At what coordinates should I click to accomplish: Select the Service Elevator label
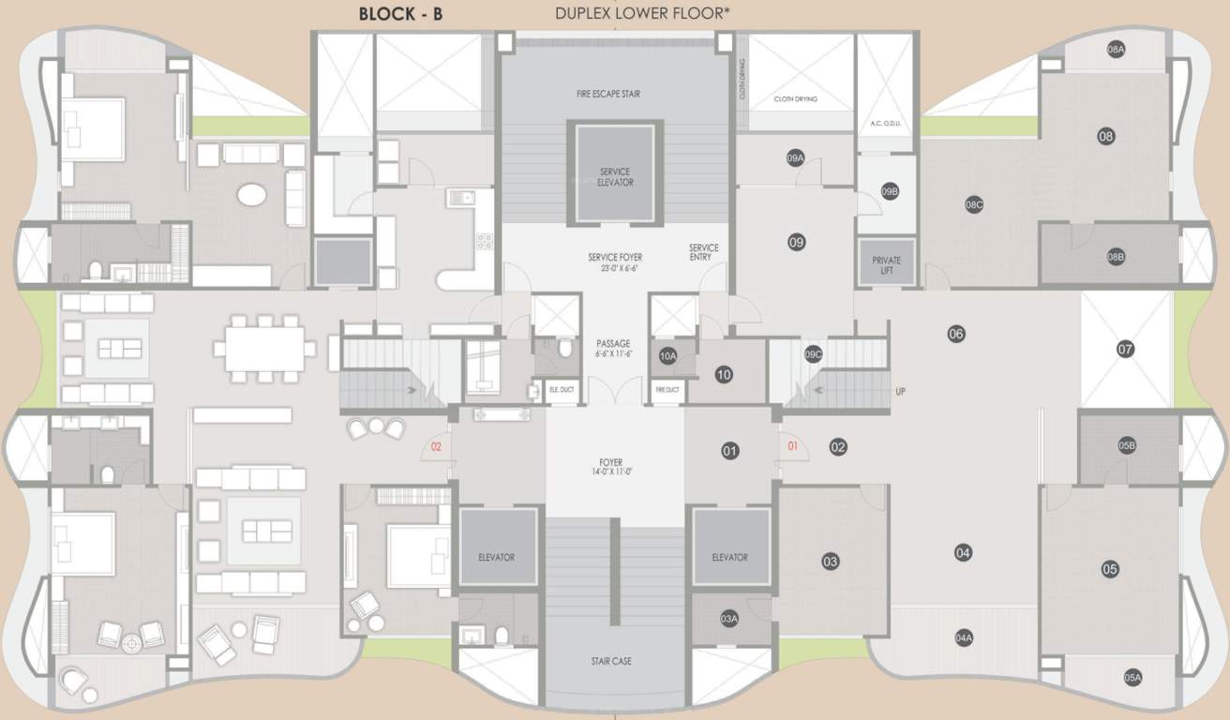pos(615,176)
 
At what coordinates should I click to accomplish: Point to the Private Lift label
pos(886,265)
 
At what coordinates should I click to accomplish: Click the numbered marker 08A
pos(1116,51)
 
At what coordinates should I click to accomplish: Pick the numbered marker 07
pos(1125,349)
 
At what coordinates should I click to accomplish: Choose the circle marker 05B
pos(1127,446)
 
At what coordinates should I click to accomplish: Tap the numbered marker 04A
pos(964,637)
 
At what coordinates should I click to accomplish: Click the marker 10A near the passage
pos(667,356)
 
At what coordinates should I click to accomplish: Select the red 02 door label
pos(435,447)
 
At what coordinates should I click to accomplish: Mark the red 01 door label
pos(792,446)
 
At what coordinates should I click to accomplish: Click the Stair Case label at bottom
pos(610,661)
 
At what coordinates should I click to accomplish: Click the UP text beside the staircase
pos(900,391)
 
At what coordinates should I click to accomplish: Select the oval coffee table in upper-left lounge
pos(250,194)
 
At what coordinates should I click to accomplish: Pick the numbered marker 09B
pos(890,191)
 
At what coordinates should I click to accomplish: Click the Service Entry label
pos(703,252)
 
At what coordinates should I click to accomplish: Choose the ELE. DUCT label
pos(561,389)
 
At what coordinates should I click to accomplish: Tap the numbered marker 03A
pos(729,618)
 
